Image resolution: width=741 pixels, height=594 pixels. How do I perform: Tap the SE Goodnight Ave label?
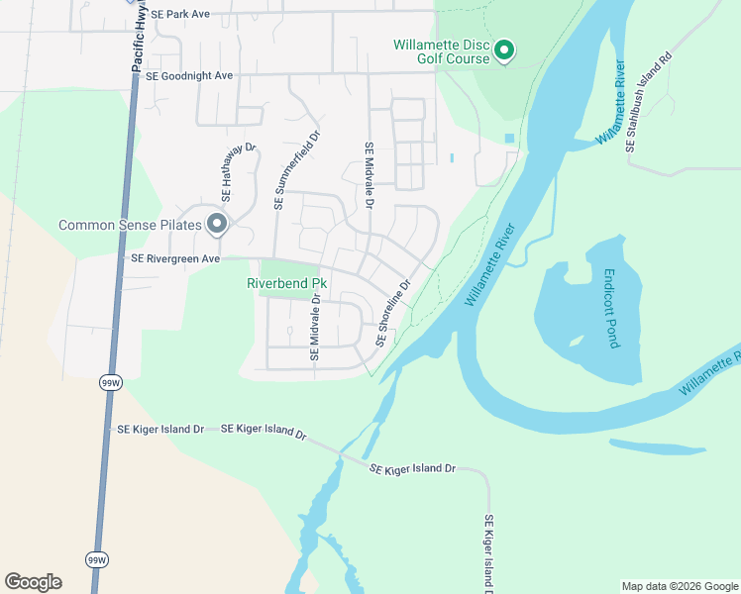click(188, 75)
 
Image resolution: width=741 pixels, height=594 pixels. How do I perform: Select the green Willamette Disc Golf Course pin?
click(503, 49)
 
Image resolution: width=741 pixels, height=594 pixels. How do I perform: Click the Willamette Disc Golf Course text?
click(442, 51)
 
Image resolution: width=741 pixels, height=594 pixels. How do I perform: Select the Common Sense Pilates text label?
click(130, 225)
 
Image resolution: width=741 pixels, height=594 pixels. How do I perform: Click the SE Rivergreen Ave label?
click(175, 258)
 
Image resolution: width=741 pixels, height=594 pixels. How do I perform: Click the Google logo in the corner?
click(33, 582)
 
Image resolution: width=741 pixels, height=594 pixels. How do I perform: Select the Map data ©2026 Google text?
click(680, 586)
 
